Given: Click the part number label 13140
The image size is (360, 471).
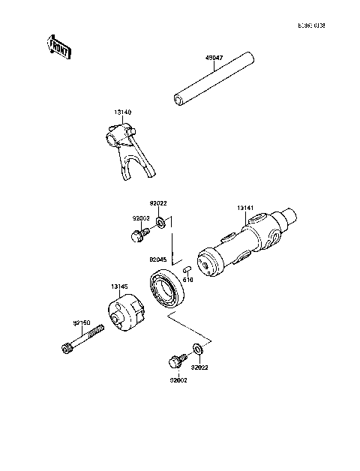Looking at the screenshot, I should tap(123, 112).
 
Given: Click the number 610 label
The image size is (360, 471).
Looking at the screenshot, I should tap(188, 279).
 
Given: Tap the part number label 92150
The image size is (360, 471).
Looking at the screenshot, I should tap(82, 322).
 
